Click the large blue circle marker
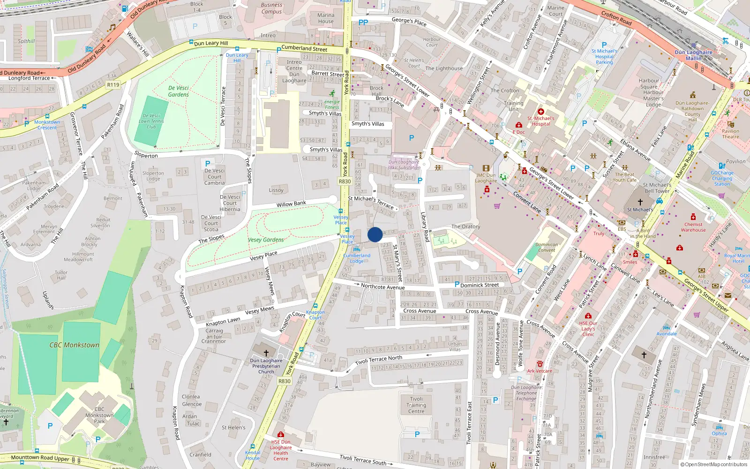375,234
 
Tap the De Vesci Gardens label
179,91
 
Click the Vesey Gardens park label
266,240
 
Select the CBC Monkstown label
75,345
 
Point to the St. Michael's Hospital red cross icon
540,112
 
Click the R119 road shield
113,85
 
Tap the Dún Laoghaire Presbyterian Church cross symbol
266,353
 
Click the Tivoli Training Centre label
416,405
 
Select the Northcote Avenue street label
382,287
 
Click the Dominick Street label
480,285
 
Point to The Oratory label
465,227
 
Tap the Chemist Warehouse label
693,227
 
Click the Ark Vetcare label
540,371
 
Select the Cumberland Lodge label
357,258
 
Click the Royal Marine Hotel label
737,258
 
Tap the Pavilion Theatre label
730,134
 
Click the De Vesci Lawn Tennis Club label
151,121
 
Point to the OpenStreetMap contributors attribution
713,464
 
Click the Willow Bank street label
291,204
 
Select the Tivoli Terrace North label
378,360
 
